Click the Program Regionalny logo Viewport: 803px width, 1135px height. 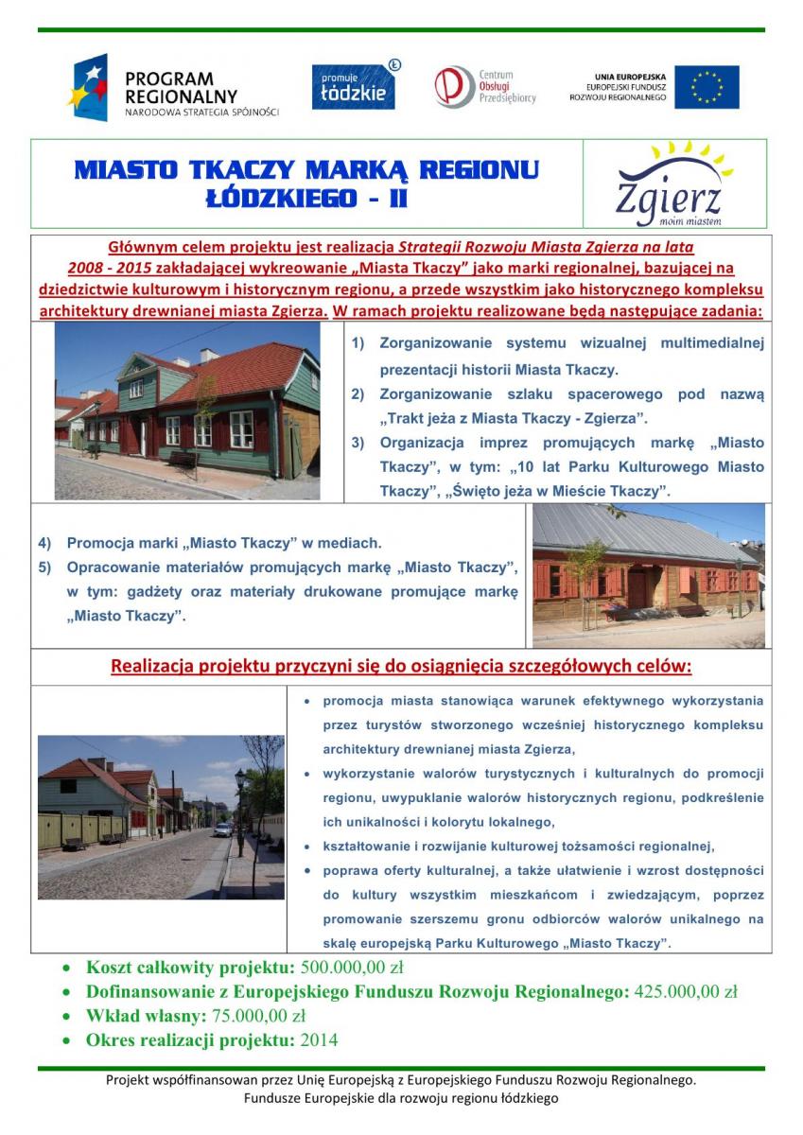pyautogui.click(x=173, y=87)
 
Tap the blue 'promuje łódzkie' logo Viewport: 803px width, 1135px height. pyautogui.click(x=353, y=86)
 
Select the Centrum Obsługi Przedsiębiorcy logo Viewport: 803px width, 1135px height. pyautogui.click(x=485, y=86)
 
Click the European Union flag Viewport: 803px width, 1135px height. pyautogui.click(x=707, y=87)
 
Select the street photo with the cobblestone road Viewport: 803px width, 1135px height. pyautogui.click(x=160, y=816)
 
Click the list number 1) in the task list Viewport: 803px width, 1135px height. pyautogui.click(x=358, y=344)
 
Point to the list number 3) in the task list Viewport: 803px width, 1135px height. pyautogui.click(x=358, y=443)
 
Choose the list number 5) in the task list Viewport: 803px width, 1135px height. pyautogui.click(x=44, y=568)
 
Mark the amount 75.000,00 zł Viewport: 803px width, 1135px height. pyautogui.click(x=257, y=1017)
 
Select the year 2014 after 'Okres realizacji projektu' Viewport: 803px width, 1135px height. pyautogui.click(x=319, y=1040)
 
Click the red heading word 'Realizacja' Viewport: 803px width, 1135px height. pyautogui.click(x=155, y=667)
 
